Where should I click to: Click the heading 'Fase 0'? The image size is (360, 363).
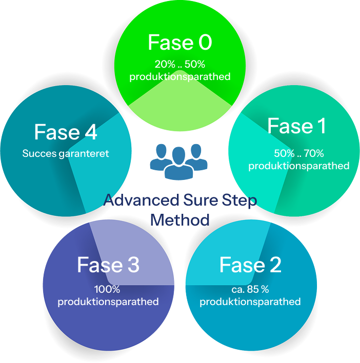tap(179, 43)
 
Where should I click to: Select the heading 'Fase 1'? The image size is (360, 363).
tap(296, 126)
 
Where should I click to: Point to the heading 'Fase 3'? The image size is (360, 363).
tap(108, 265)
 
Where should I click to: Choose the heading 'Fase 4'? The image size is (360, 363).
tap(66, 132)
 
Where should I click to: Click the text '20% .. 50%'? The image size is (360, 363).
tap(179, 65)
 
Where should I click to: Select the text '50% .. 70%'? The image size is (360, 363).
tap(298, 153)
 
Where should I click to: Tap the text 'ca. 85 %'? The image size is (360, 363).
tap(250, 289)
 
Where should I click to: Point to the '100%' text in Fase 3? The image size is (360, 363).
tap(108, 289)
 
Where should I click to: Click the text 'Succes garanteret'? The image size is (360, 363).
tap(66, 154)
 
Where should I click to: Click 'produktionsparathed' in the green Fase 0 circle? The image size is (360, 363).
tap(179, 77)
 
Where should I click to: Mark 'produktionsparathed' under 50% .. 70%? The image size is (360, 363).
tap(298, 166)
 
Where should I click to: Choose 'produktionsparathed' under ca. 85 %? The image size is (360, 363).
tap(250, 301)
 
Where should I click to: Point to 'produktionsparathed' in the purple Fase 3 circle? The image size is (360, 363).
tap(108, 301)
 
